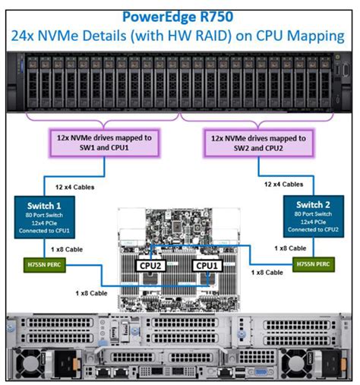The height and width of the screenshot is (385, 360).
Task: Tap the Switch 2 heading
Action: [314, 204]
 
